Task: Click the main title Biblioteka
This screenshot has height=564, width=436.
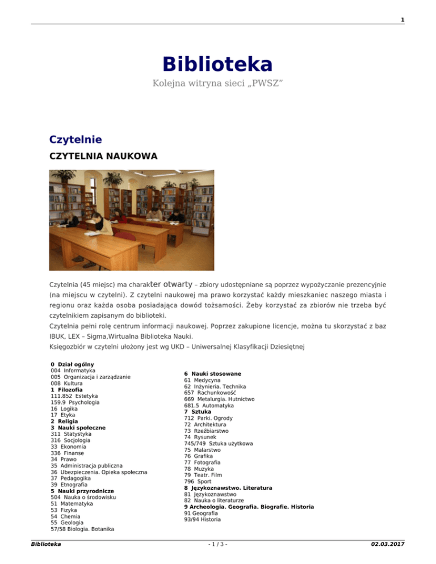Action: coord(218,63)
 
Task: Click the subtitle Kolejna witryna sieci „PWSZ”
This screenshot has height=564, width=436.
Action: coord(218,84)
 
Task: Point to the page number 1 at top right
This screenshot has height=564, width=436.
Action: coord(403,20)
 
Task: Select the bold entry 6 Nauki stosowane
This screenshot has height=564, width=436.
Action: coord(212,373)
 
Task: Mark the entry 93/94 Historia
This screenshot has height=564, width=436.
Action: coord(203,519)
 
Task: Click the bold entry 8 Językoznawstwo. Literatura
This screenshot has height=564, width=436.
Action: coord(228,487)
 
